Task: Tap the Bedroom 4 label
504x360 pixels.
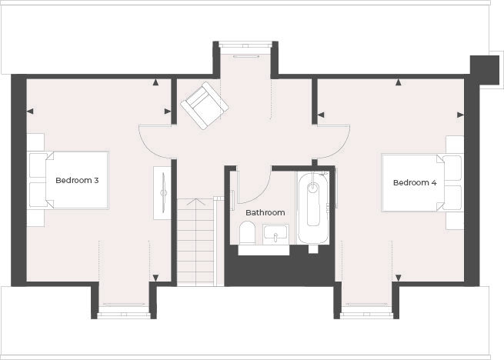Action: [415, 183]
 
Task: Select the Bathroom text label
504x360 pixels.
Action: [265, 212]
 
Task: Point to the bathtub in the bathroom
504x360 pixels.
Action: [313, 208]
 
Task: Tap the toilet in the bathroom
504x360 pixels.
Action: [247, 232]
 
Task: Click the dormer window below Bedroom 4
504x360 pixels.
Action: [365, 305]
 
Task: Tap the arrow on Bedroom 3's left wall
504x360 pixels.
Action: [30, 112]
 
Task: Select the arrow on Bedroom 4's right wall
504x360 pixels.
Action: [461, 114]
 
